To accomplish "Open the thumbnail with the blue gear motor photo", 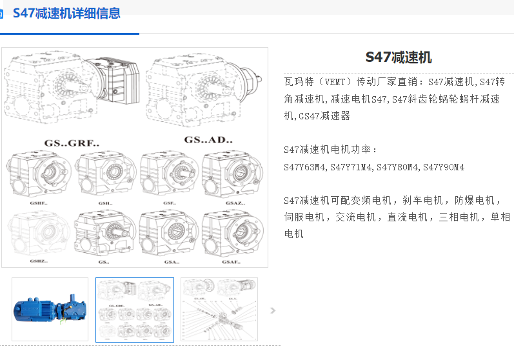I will coord(50,310).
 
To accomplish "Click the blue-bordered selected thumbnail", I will coord(135,310).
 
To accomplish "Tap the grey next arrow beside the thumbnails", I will coord(273,310).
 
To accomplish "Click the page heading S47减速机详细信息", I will coord(66,13).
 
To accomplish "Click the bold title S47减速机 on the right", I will coord(399,57).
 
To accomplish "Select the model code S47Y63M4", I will coord(305,167).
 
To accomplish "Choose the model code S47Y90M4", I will coord(444,167).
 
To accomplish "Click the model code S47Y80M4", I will coord(398,167).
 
